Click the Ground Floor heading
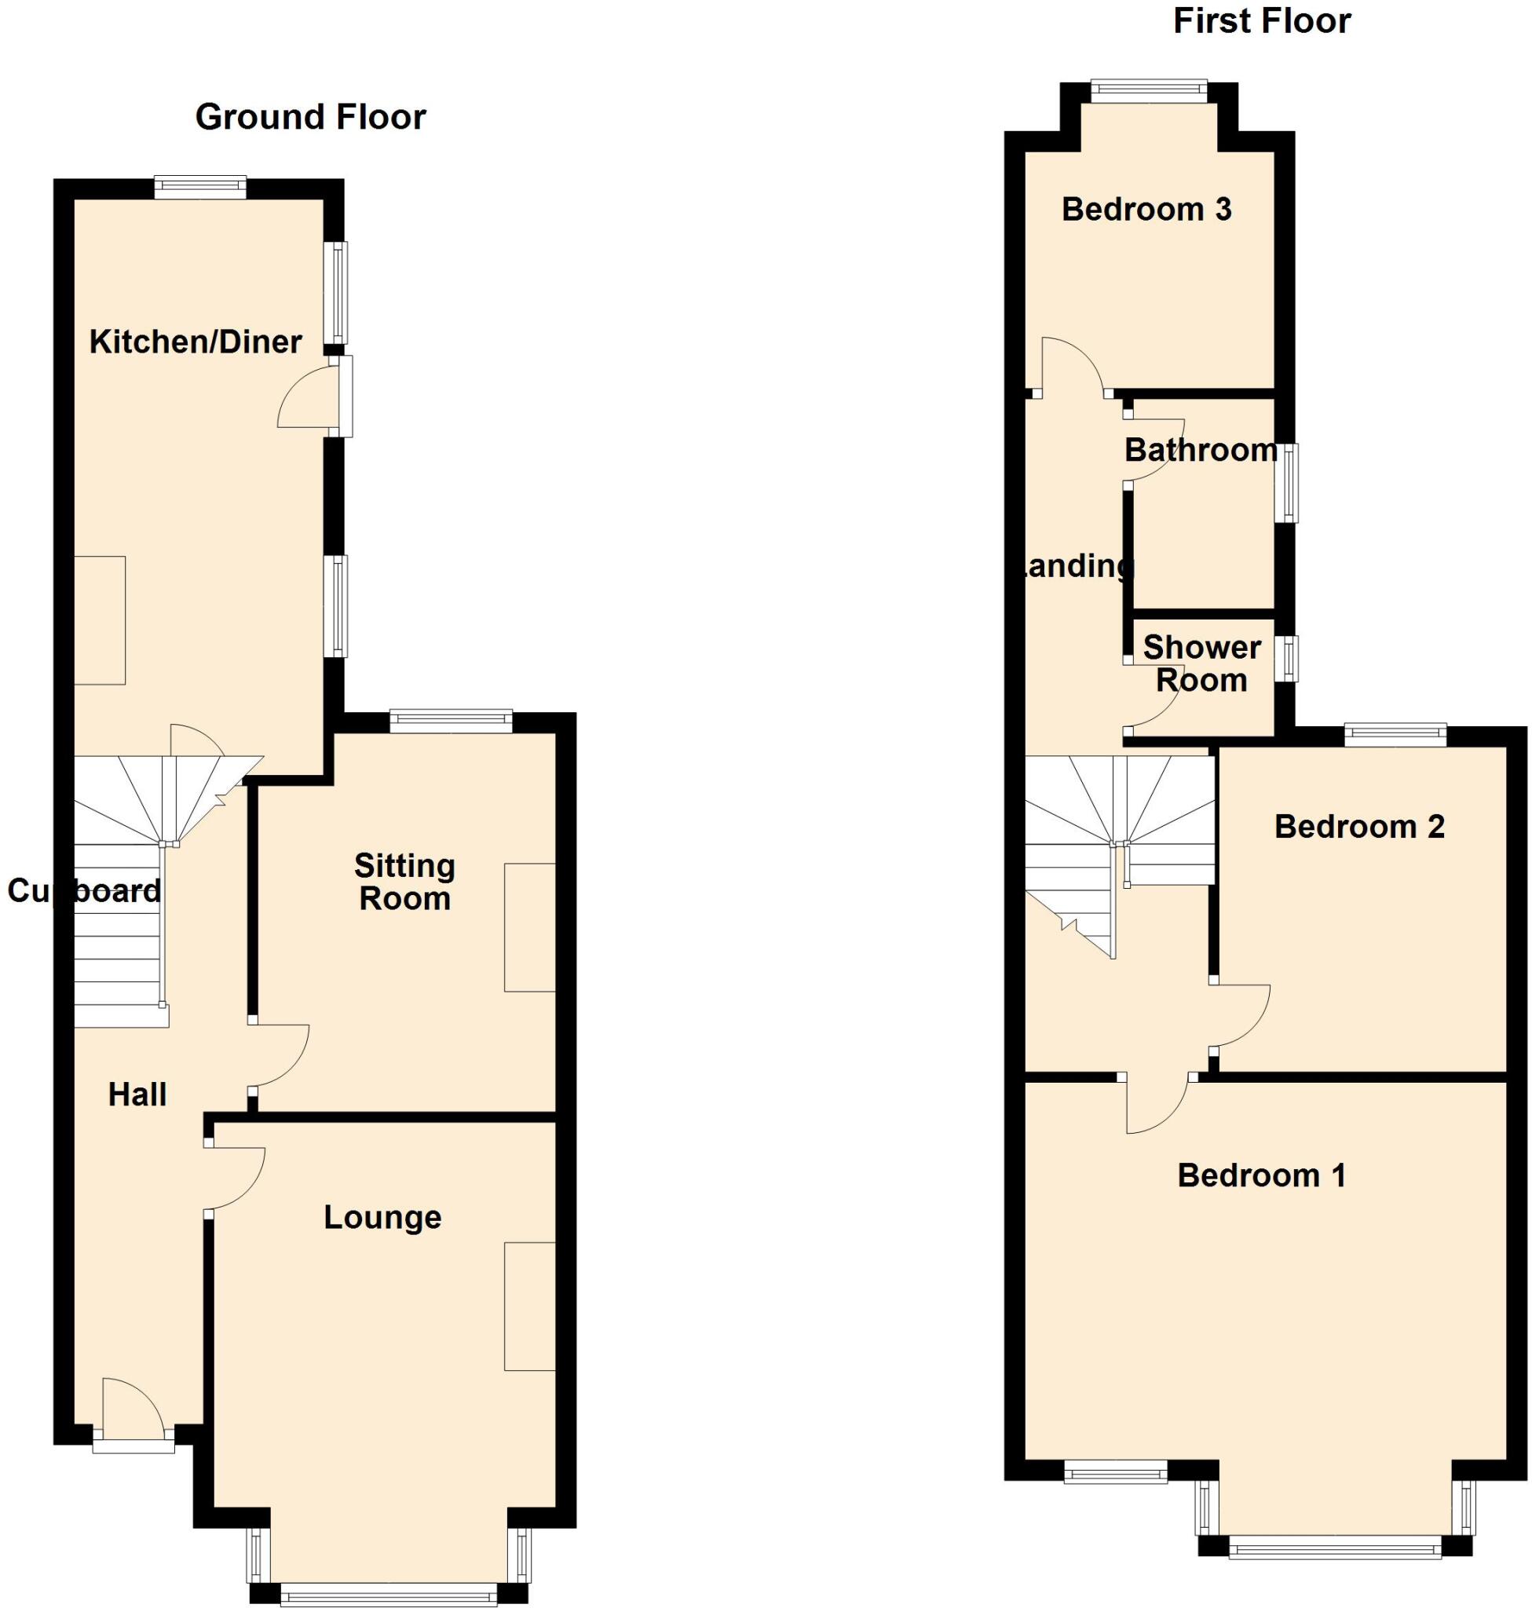tap(310, 118)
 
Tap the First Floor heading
tap(1262, 21)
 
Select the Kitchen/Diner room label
tap(196, 342)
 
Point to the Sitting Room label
tap(404, 882)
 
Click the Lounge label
tap(382, 1217)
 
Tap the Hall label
tap(137, 1095)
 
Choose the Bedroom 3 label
tap(1146, 210)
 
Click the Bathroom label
tap(1201, 450)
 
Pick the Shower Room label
tap(1201, 663)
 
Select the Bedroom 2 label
tap(1359, 827)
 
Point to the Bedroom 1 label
tap(1261, 1175)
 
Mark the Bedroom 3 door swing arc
tap(1071, 364)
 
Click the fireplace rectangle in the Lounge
tap(529, 1306)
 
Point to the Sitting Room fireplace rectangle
tap(529, 927)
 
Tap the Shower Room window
tap(1289, 658)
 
